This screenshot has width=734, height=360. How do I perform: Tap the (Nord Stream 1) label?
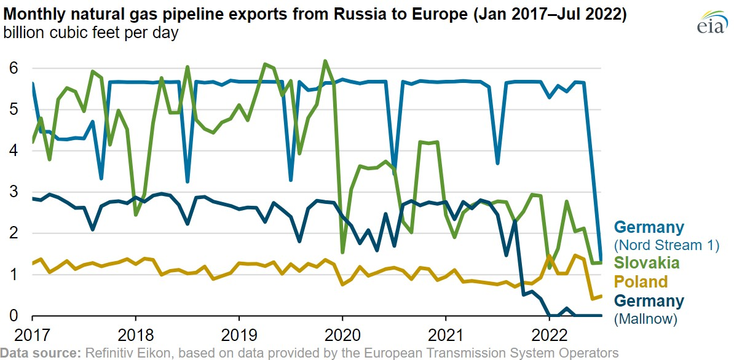(666, 245)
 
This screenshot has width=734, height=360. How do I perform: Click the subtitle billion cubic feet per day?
(91, 33)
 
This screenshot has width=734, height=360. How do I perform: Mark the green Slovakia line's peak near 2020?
(325, 61)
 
